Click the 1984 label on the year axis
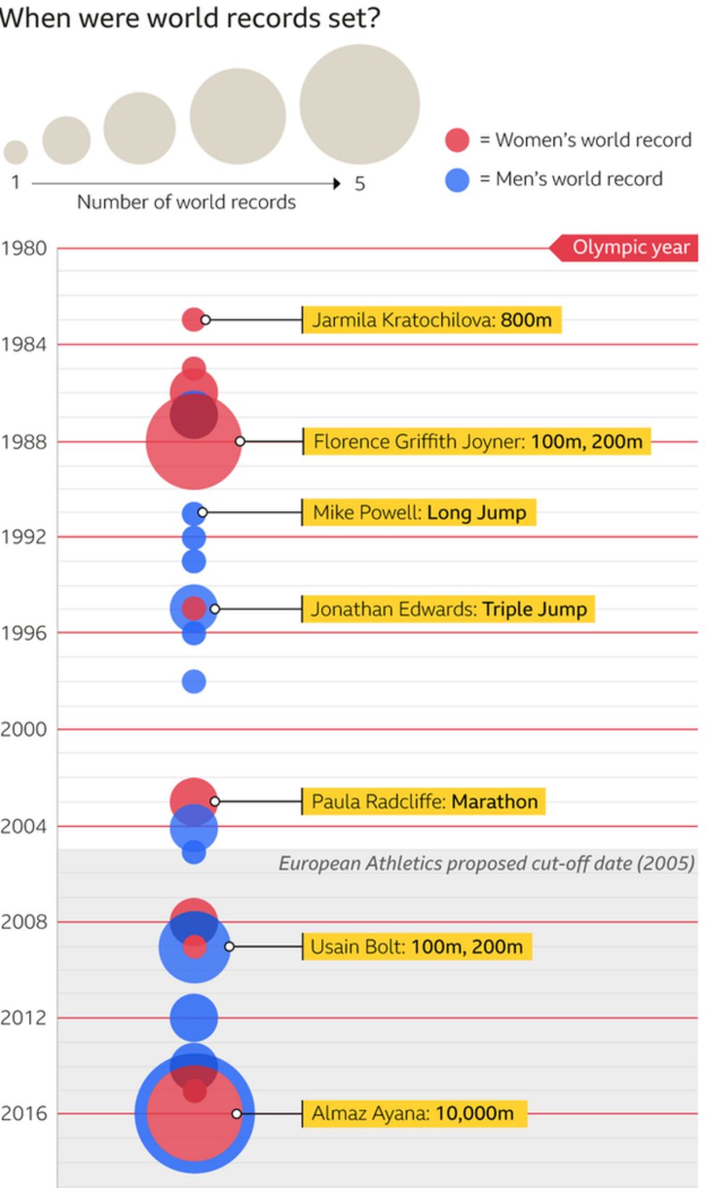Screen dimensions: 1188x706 coord(23,344)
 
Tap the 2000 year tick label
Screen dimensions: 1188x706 coord(23,729)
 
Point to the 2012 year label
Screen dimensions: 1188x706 coord(23,1017)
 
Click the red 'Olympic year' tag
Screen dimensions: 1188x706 coord(626,247)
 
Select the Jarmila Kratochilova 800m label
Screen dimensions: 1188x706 coord(431,320)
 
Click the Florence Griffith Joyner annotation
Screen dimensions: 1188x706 coord(477,441)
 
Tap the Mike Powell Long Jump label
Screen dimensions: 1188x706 coord(419,512)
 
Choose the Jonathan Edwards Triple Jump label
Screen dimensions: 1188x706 coord(448,609)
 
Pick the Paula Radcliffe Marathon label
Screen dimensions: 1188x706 coord(424,802)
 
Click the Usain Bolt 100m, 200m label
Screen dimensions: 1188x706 coord(417,946)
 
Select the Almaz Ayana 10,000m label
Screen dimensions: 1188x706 coord(412,1113)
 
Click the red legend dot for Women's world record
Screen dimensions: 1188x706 coord(457,140)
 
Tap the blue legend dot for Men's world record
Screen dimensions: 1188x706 coord(457,179)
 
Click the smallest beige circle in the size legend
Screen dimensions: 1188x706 coord(16,152)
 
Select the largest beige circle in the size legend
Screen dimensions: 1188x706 coord(360,104)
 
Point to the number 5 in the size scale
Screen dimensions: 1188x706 coord(360,184)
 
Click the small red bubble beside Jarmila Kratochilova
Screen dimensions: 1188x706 coord(192,319)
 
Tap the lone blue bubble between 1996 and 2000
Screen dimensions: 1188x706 coord(194,682)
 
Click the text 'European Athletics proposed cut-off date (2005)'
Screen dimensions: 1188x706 coord(486,863)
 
